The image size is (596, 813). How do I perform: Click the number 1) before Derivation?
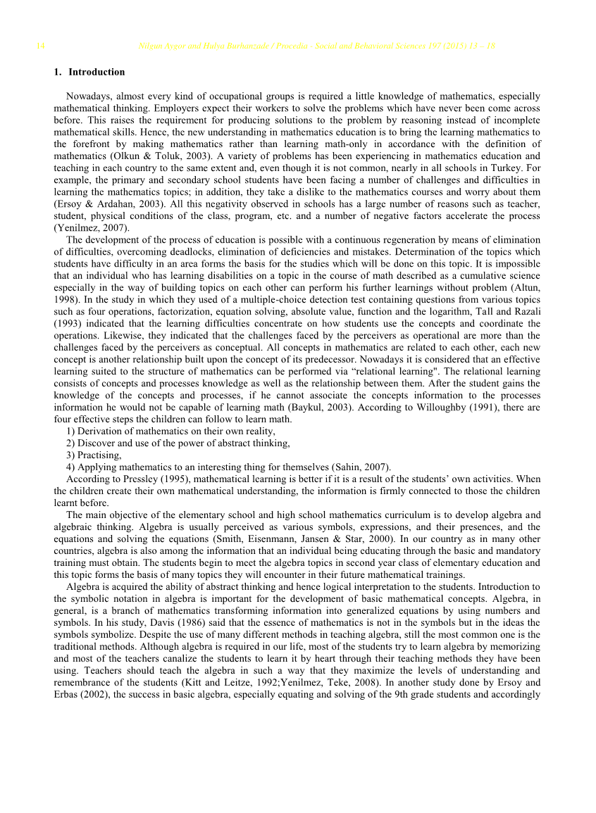coord(70,431)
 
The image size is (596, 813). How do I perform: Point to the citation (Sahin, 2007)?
coord(358,467)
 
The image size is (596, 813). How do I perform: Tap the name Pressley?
coord(143,479)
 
